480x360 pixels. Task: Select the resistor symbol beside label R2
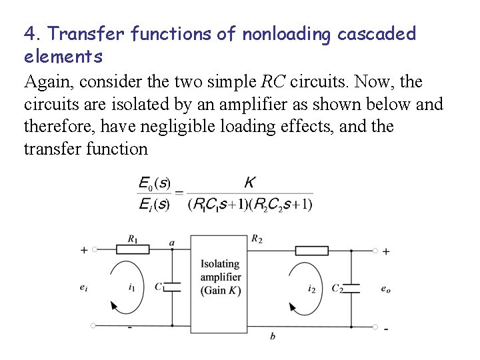click(312, 251)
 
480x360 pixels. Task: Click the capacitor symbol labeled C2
click(351, 288)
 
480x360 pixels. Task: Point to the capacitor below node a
click(172, 287)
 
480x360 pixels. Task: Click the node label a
click(172, 243)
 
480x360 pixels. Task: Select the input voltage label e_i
click(83, 288)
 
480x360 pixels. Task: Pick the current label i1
click(131, 288)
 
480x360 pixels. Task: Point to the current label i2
click(312, 289)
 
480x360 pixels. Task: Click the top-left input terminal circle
click(94, 250)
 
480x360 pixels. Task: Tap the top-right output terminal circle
click(375, 251)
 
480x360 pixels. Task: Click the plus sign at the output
click(386, 251)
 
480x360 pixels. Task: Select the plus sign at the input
click(84, 250)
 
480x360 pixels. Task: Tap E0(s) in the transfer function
click(154, 183)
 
